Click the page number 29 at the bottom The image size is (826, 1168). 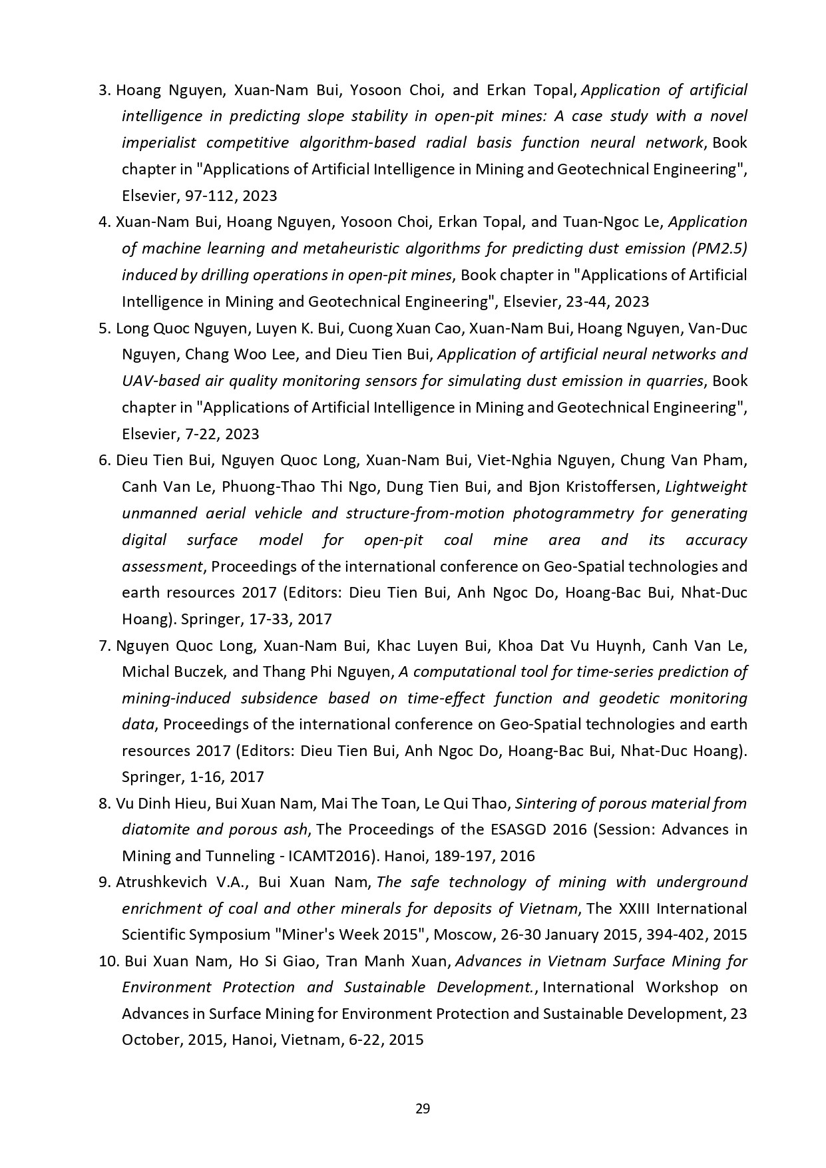(423, 1108)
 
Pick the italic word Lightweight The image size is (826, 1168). (706, 487)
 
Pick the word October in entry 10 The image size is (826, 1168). (148, 1040)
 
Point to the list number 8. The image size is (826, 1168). (104, 803)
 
